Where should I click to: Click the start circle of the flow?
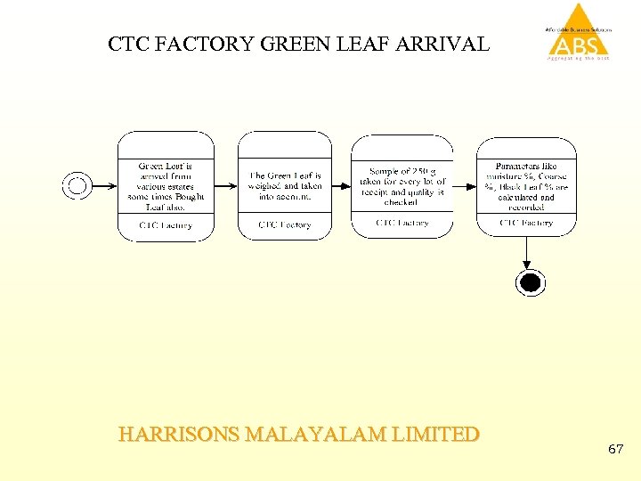(x=77, y=185)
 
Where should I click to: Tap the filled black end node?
(x=530, y=283)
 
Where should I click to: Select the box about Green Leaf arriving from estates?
(x=166, y=185)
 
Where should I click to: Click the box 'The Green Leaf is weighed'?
(x=285, y=185)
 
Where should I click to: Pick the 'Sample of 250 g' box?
(x=402, y=185)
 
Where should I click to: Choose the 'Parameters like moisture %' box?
(x=526, y=185)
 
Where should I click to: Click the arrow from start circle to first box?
(x=104, y=186)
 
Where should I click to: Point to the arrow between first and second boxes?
(x=226, y=186)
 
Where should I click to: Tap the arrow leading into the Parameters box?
(x=464, y=186)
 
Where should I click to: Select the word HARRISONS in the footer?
(x=178, y=435)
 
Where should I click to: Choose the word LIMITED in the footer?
(x=437, y=435)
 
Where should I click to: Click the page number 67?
(x=615, y=450)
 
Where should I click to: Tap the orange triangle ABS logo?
(x=579, y=31)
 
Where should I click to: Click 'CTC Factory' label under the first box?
(x=166, y=225)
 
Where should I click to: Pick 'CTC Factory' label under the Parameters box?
(x=526, y=223)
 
